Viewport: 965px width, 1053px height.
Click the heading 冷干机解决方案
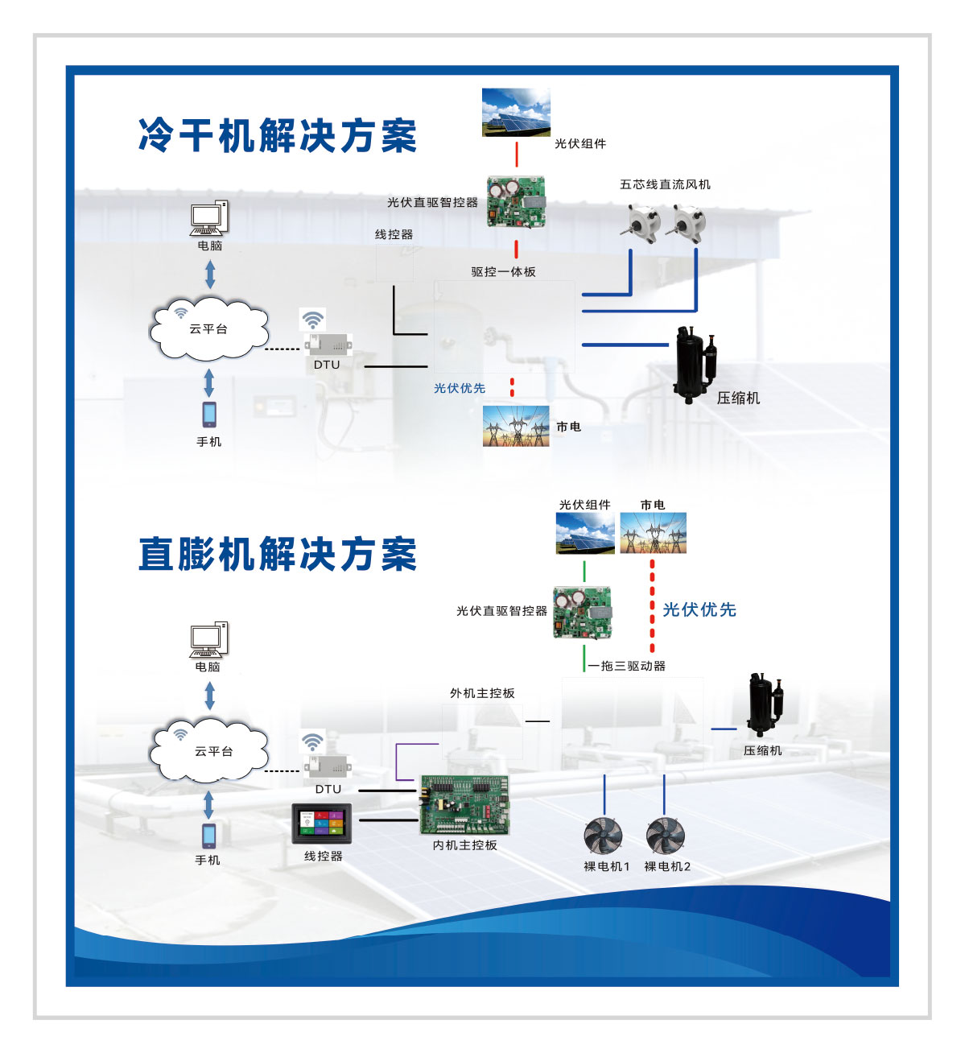278,135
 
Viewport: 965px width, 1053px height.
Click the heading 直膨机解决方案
278,554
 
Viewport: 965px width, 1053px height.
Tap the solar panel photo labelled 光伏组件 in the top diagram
516,113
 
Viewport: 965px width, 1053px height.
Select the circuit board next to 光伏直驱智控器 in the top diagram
516,203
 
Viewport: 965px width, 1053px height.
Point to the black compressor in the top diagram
695,365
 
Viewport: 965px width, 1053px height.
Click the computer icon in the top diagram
209,218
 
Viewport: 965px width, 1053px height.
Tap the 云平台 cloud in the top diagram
209,328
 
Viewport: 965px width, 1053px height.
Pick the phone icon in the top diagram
209,415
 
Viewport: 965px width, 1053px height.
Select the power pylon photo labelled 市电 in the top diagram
516,426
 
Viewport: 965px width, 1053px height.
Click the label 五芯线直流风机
665,184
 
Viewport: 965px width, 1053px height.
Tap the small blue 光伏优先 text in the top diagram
460,388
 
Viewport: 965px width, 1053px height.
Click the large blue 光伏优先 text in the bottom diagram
699,609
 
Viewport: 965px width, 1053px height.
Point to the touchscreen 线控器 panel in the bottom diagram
322,823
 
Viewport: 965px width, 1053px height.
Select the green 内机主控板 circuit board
465,805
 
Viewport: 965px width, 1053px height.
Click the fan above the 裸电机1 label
604,836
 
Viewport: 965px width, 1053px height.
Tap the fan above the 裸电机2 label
666,836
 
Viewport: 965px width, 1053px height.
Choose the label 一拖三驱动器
627,666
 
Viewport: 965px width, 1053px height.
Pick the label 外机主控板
482,693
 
